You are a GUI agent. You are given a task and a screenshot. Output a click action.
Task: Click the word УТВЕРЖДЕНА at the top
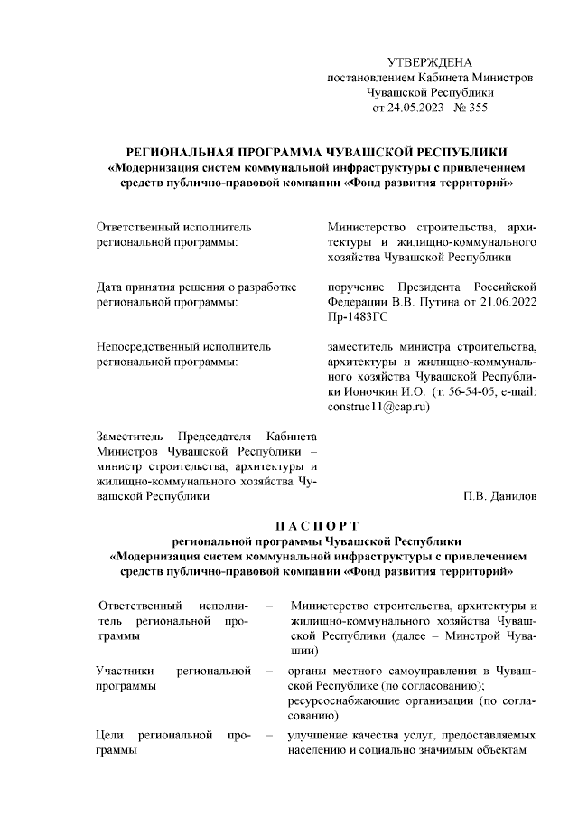pos(429,62)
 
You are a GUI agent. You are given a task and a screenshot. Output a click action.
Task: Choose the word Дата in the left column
pos(112,286)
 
